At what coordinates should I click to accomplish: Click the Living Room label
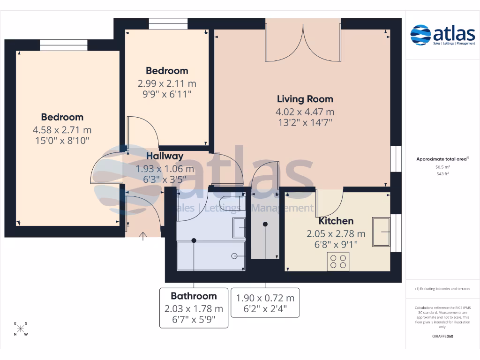click(x=305, y=99)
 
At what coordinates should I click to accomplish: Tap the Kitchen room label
click(x=336, y=221)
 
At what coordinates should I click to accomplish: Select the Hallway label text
click(x=164, y=156)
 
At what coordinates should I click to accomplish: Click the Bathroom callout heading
click(x=194, y=296)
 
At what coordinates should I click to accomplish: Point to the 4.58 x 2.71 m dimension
click(x=62, y=130)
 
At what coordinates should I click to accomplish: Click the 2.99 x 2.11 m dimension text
click(x=166, y=84)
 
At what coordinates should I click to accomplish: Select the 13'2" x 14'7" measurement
click(x=305, y=123)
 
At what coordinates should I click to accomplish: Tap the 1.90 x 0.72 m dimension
click(x=265, y=298)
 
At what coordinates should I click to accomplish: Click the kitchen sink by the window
click(x=381, y=232)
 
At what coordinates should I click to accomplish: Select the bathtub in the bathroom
click(x=210, y=255)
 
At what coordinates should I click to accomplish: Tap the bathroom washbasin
click(x=240, y=228)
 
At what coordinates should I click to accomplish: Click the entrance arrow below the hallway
click(x=143, y=235)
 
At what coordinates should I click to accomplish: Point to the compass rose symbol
click(x=21, y=329)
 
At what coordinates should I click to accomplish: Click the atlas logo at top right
click(x=442, y=36)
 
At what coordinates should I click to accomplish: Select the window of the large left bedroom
click(x=63, y=45)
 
